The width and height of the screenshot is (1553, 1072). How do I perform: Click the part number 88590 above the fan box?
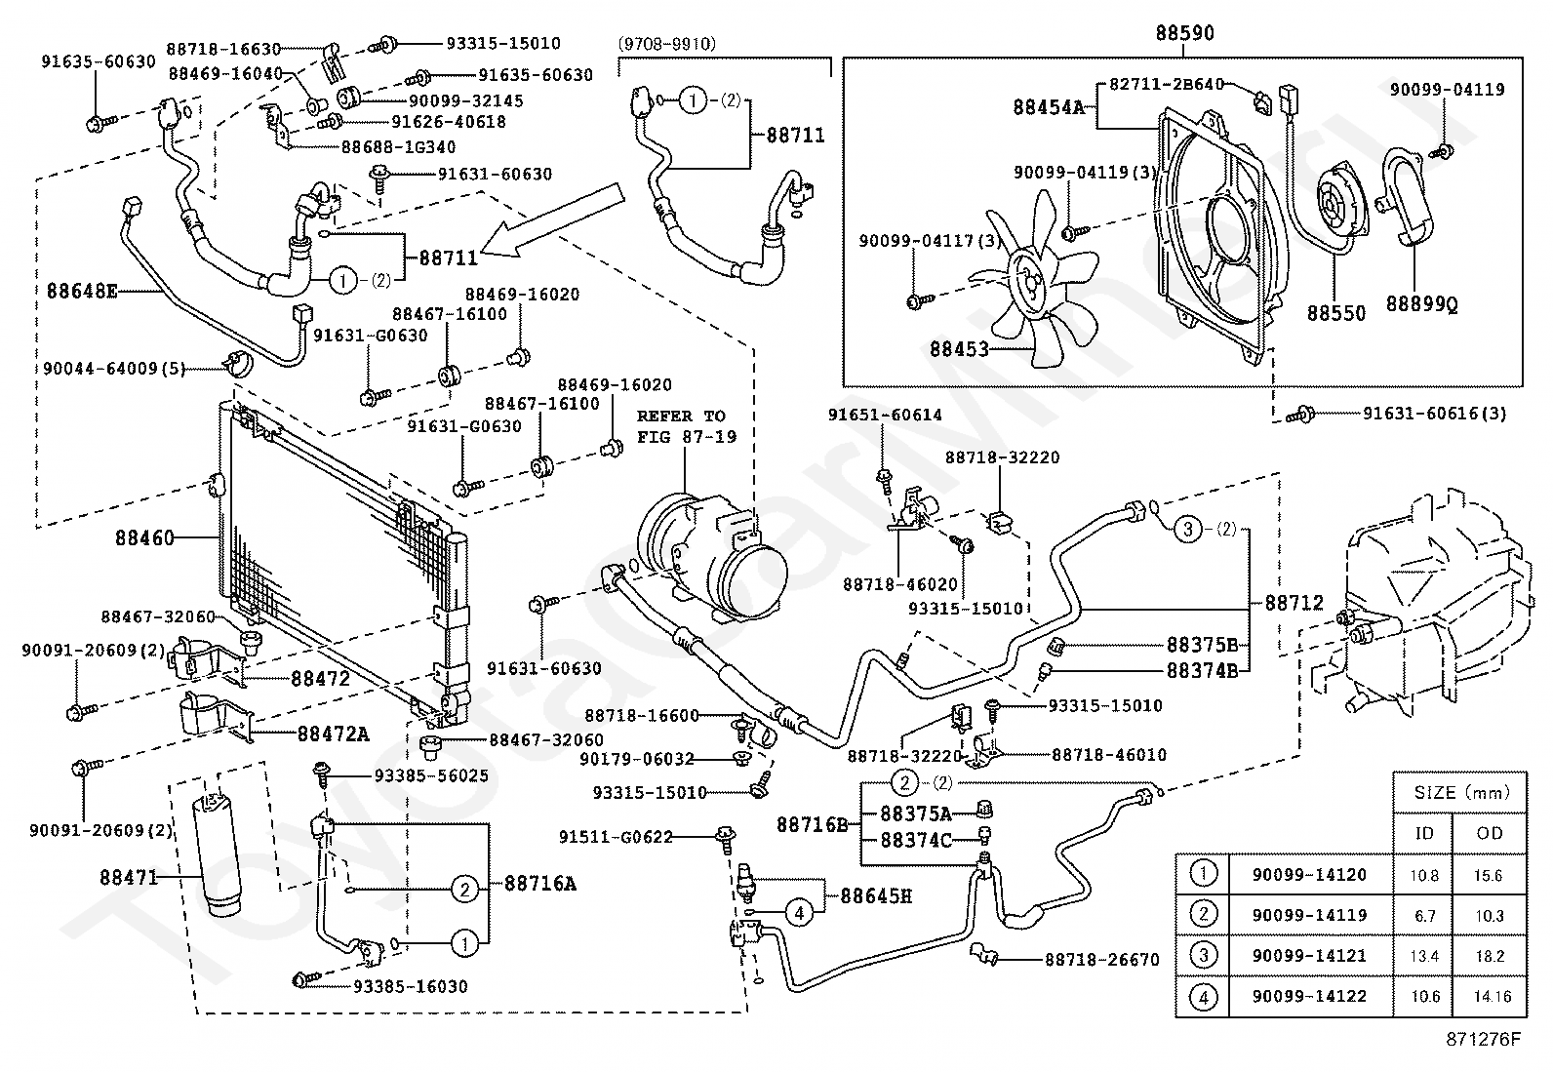1184,33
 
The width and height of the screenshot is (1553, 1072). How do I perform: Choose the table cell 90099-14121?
1309,956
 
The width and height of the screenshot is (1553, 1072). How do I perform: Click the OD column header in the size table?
1490,833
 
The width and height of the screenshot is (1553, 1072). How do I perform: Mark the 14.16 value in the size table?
1490,996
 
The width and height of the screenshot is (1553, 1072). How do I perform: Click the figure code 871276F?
1483,1039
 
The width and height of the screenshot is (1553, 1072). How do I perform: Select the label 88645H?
875,895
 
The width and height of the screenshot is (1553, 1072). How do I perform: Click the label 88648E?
82,290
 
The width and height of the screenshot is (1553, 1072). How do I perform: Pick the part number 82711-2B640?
1166,85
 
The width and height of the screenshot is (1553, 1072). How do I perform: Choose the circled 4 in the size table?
1205,996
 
